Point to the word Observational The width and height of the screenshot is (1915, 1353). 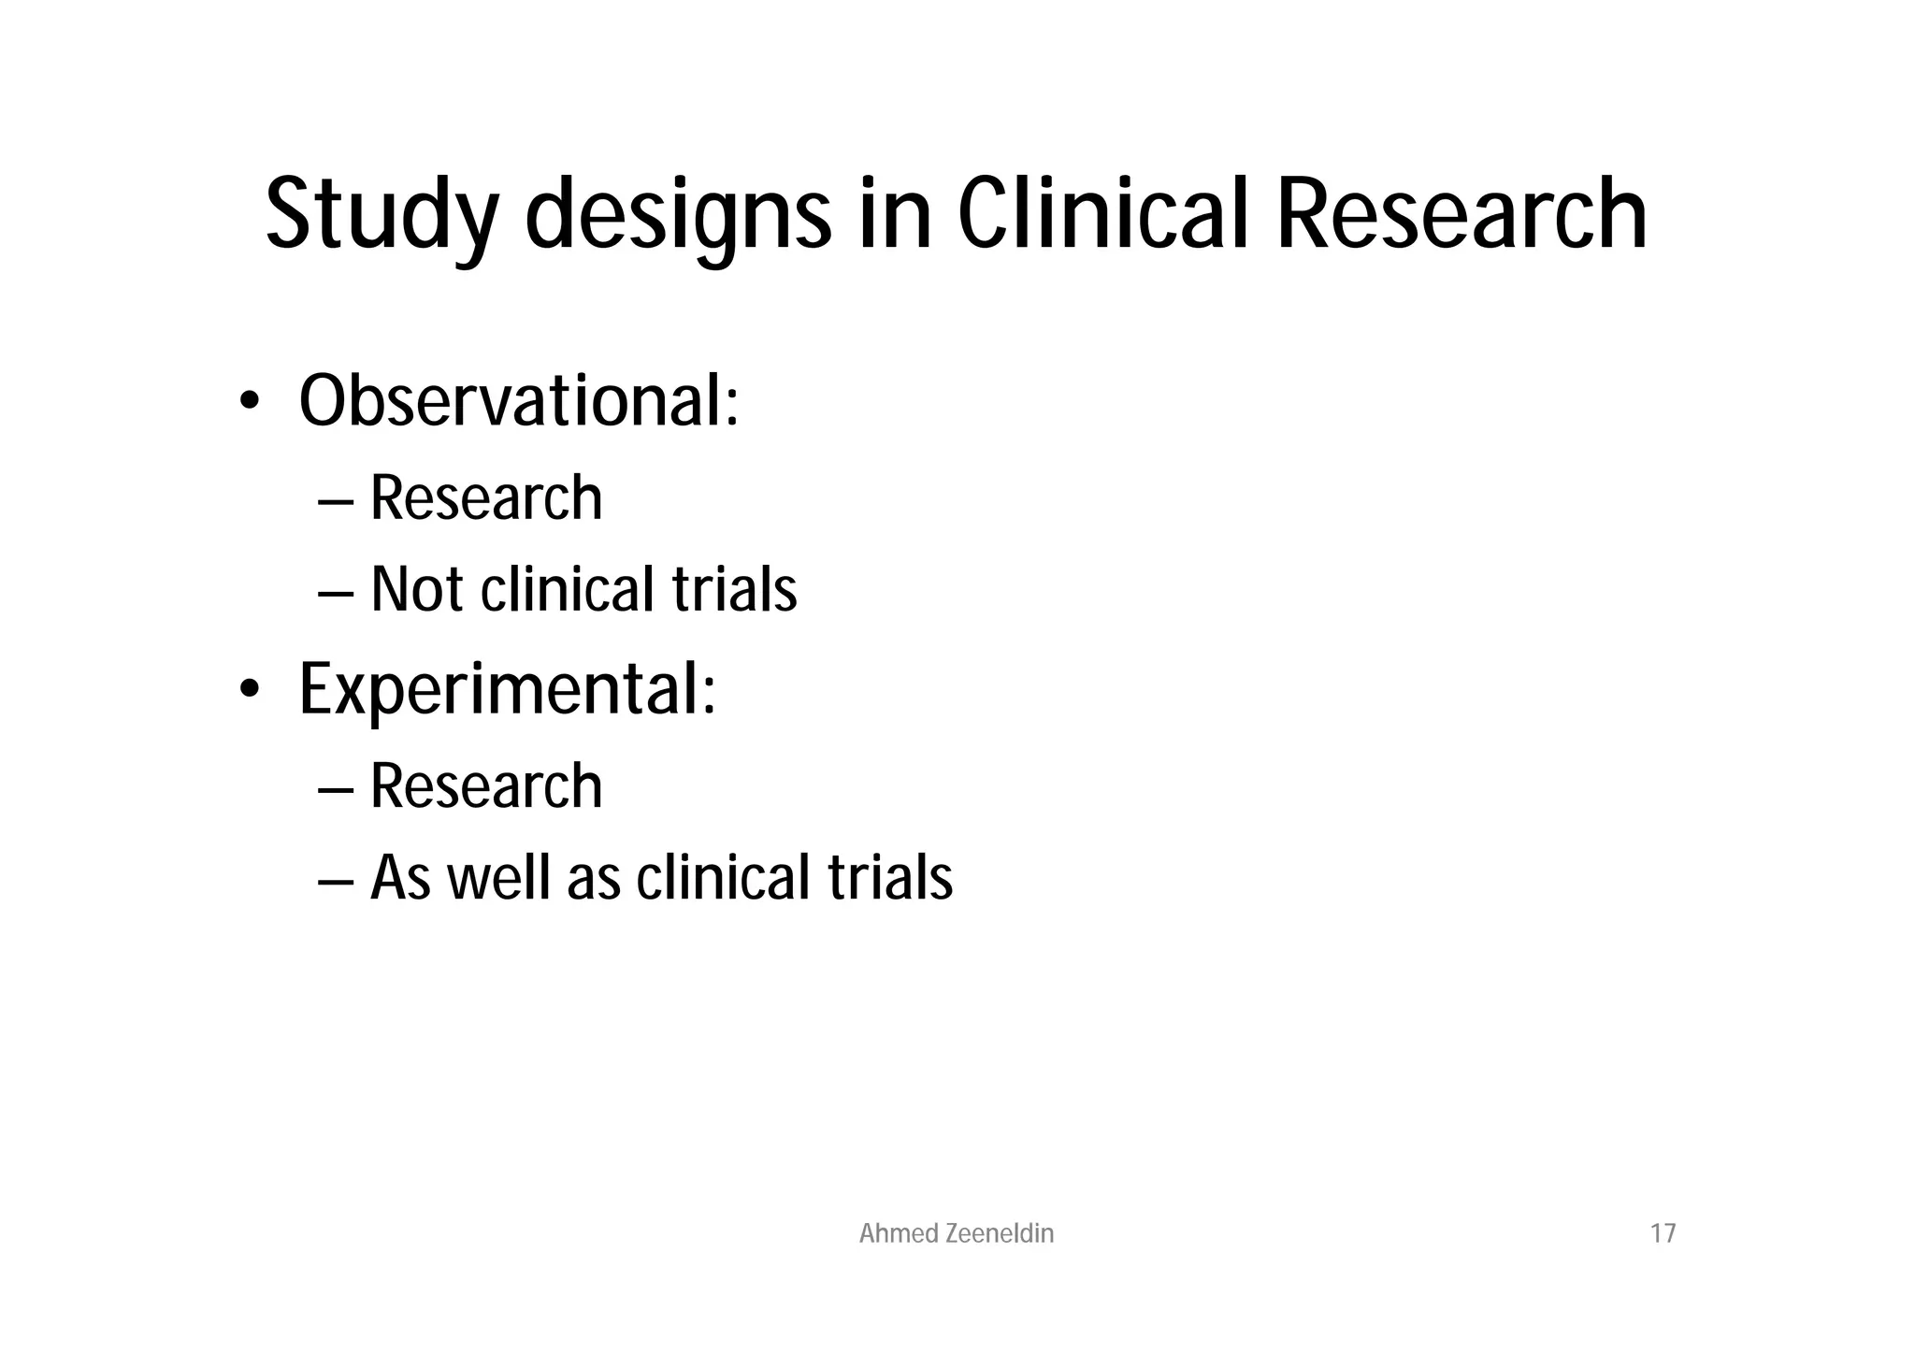(519, 401)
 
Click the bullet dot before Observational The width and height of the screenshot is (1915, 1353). (248, 402)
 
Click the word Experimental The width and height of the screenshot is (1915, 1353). (507, 689)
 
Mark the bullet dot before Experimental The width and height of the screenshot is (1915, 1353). (248, 690)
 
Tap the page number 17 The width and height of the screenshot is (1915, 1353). (1663, 1234)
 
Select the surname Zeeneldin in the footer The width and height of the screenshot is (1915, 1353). (1000, 1234)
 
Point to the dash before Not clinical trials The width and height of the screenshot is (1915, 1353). (336, 593)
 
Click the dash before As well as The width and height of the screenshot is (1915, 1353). (336, 882)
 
